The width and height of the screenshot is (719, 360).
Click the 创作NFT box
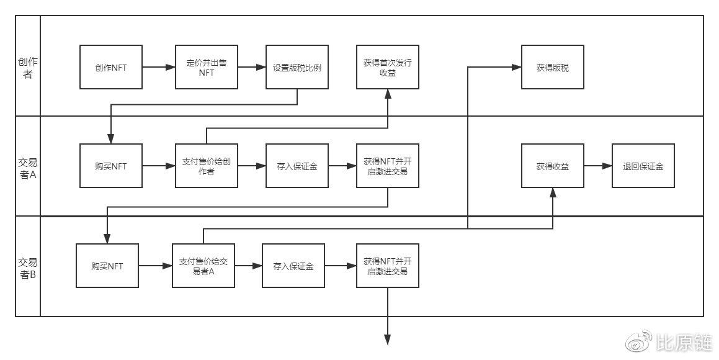[x=111, y=67]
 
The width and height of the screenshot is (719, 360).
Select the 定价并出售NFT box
[x=207, y=67]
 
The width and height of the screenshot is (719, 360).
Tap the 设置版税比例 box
[x=297, y=67]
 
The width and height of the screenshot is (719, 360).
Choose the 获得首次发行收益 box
[x=388, y=67]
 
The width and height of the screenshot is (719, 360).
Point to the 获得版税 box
[x=553, y=67]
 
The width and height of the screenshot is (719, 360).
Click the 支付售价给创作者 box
[x=207, y=166]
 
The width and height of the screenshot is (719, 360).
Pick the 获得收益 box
[x=553, y=166]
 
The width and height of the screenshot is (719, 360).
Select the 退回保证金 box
[x=643, y=166]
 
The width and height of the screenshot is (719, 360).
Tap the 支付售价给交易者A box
[x=203, y=266]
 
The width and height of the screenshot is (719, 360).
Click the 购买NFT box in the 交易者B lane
[x=107, y=266]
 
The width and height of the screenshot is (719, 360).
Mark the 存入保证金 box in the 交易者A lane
[x=297, y=166]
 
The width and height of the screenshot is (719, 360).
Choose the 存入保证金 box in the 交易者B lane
[x=293, y=266]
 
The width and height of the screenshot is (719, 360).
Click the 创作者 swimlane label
[x=28, y=68]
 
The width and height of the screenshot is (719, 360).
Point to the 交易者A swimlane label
[x=28, y=168]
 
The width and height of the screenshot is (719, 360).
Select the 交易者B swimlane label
[x=28, y=268]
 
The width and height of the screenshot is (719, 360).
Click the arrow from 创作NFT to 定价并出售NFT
[x=159, y=67]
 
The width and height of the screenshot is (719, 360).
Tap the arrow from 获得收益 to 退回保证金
[x=598, y=166]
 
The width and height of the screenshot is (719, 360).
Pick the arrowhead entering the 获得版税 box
[x=517, y=67]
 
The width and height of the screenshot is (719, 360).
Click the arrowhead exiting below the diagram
[x=388, y=340]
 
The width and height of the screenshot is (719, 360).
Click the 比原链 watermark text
[x=685, y=343]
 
